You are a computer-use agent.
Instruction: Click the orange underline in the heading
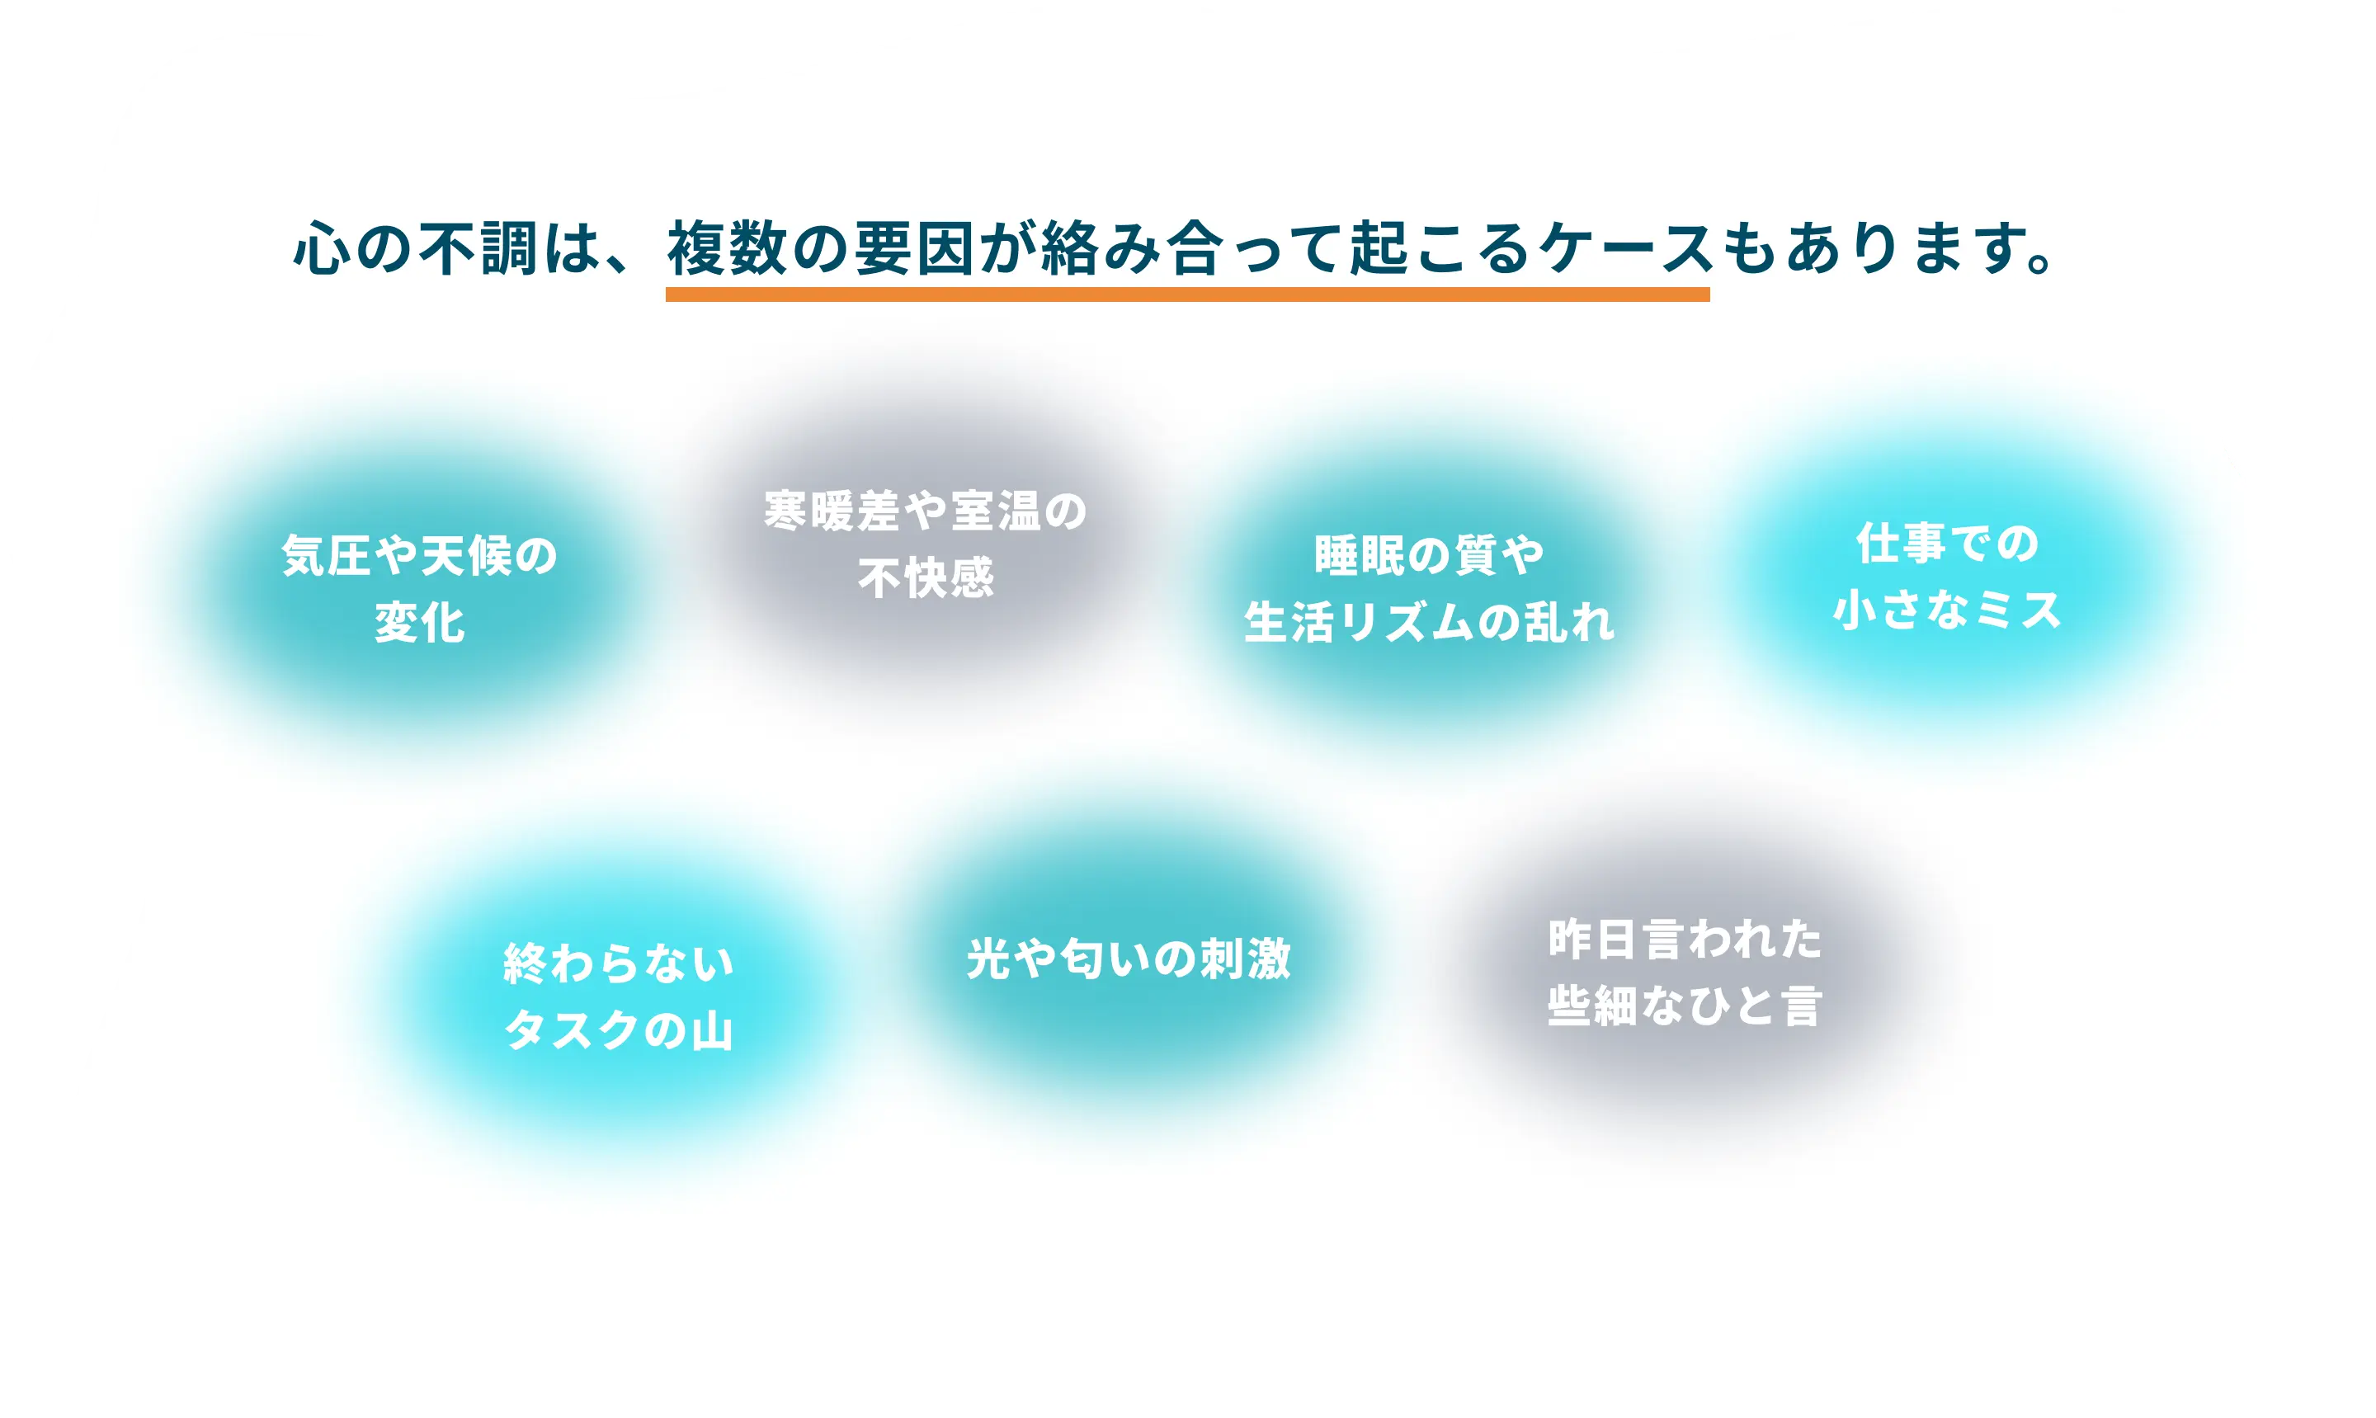1186,294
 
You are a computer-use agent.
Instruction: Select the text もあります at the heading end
1873,248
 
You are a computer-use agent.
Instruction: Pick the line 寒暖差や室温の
926,511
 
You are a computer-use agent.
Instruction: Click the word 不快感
926,578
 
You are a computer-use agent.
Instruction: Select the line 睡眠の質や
1429,555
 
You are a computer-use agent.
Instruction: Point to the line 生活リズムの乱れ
1429,623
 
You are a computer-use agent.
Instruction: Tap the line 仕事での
1947,544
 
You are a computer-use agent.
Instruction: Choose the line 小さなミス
1947,610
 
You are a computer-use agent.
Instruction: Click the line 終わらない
619,964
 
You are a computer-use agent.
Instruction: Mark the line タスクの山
619,1031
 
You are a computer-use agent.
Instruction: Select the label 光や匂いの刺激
1129,959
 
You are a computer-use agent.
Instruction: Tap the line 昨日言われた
1685,940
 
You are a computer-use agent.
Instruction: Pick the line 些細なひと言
1685,1007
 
